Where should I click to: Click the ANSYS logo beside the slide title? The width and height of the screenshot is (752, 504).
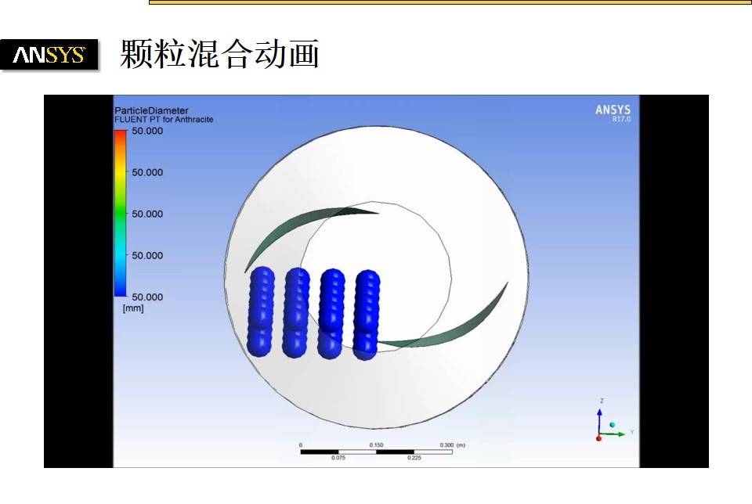(49, 55)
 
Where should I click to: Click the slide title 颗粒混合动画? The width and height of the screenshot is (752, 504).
(219, 55)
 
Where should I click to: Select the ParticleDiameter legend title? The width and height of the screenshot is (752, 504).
(151, 110)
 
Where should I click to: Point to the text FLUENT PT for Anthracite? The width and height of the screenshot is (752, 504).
(164, 120)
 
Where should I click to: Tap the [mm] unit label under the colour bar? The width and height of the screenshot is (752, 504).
(133, 308)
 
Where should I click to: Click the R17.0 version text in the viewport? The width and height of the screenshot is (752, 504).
(620, 120)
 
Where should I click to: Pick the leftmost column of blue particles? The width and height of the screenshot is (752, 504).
(261, 311)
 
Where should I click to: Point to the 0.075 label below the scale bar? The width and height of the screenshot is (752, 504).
(338, 458)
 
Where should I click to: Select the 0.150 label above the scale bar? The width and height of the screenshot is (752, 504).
(376, 445)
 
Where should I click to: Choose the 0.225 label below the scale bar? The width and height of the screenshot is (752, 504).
(414, 458)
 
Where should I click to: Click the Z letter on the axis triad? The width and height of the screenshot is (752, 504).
(601, 401)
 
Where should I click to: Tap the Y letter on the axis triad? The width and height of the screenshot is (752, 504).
(631, 432)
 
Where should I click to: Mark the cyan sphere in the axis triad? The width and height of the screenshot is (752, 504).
(612, 424)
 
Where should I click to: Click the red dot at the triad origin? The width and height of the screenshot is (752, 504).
(599, 437)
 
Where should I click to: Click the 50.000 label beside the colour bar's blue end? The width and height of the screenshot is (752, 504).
(147, 297)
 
